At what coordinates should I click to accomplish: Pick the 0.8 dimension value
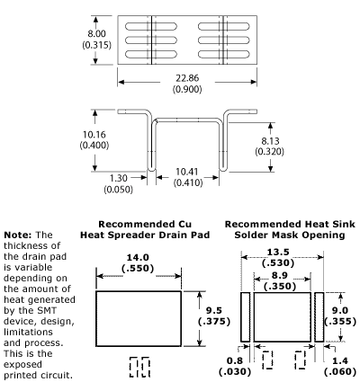click(233, 360)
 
